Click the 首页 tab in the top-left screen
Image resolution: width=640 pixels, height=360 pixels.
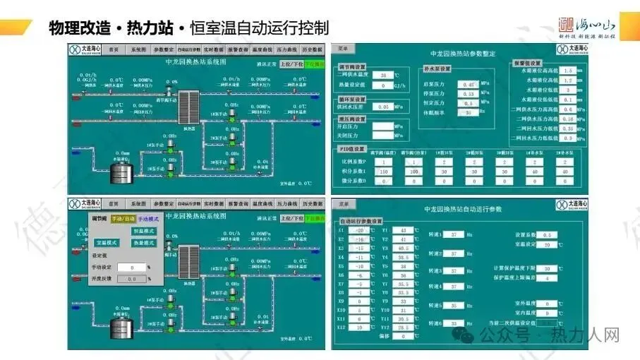click(114, 50)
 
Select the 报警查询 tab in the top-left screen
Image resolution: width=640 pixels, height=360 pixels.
click(238, 50)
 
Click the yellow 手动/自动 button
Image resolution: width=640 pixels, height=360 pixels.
click(123, 219)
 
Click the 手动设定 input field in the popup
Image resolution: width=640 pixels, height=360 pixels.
click(132, 268)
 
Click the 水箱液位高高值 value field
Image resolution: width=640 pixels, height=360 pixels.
click(568, 71)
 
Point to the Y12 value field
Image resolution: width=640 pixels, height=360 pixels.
click(402, 328)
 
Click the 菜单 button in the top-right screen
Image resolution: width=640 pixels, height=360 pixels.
click(343, 49)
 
